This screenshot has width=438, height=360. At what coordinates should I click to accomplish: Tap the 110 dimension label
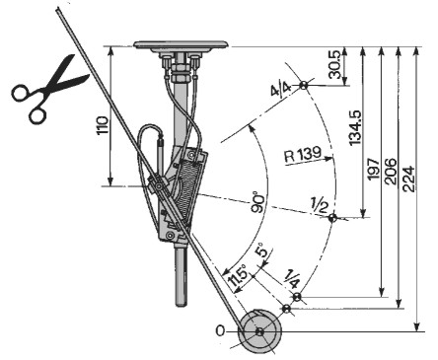tap(103, 125)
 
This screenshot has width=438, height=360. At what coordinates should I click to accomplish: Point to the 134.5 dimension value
tap(355, 128)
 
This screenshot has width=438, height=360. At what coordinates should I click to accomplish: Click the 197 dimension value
tap(373, 169)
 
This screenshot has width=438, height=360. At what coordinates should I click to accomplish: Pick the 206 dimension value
tap(391, 171)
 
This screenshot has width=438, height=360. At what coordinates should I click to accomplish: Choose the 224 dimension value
tap(408, 180)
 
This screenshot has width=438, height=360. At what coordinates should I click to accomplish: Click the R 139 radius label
tap(303, 154)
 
